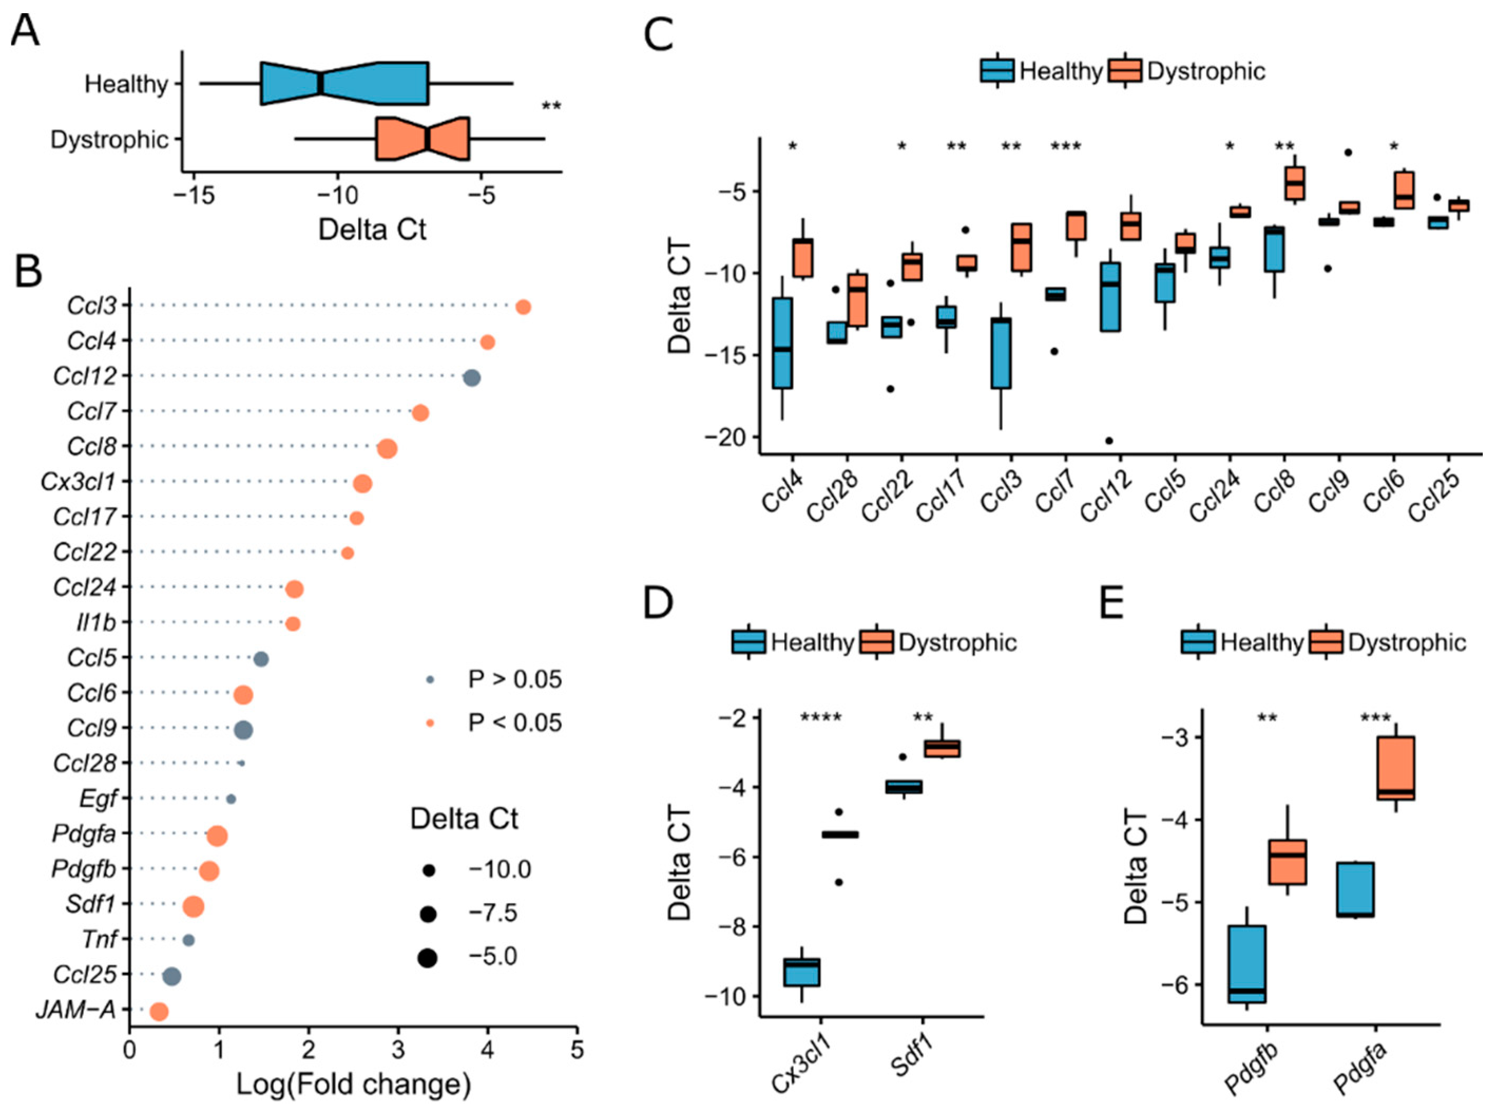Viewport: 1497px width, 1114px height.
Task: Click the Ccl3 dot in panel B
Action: click(x=523, y=307)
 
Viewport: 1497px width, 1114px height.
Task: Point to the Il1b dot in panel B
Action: click(x=293, y=624)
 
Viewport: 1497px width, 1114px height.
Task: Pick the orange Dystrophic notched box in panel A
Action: click(x=423, y=139)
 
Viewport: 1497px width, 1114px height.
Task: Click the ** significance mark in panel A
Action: click(x=551, y=106)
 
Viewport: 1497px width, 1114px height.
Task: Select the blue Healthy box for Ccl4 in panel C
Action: click(x=783, y=343)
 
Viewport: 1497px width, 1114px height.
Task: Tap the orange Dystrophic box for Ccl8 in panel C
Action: click(x=1294, y=183)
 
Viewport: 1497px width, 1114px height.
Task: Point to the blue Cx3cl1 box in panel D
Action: click(x=801, y=972)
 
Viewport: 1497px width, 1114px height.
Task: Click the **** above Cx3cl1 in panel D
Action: click(x=821, y=718)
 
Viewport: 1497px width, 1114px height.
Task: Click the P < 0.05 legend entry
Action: click(x=514, y=723)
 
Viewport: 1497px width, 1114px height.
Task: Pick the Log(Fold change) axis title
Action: click(x=353, y=1084)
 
